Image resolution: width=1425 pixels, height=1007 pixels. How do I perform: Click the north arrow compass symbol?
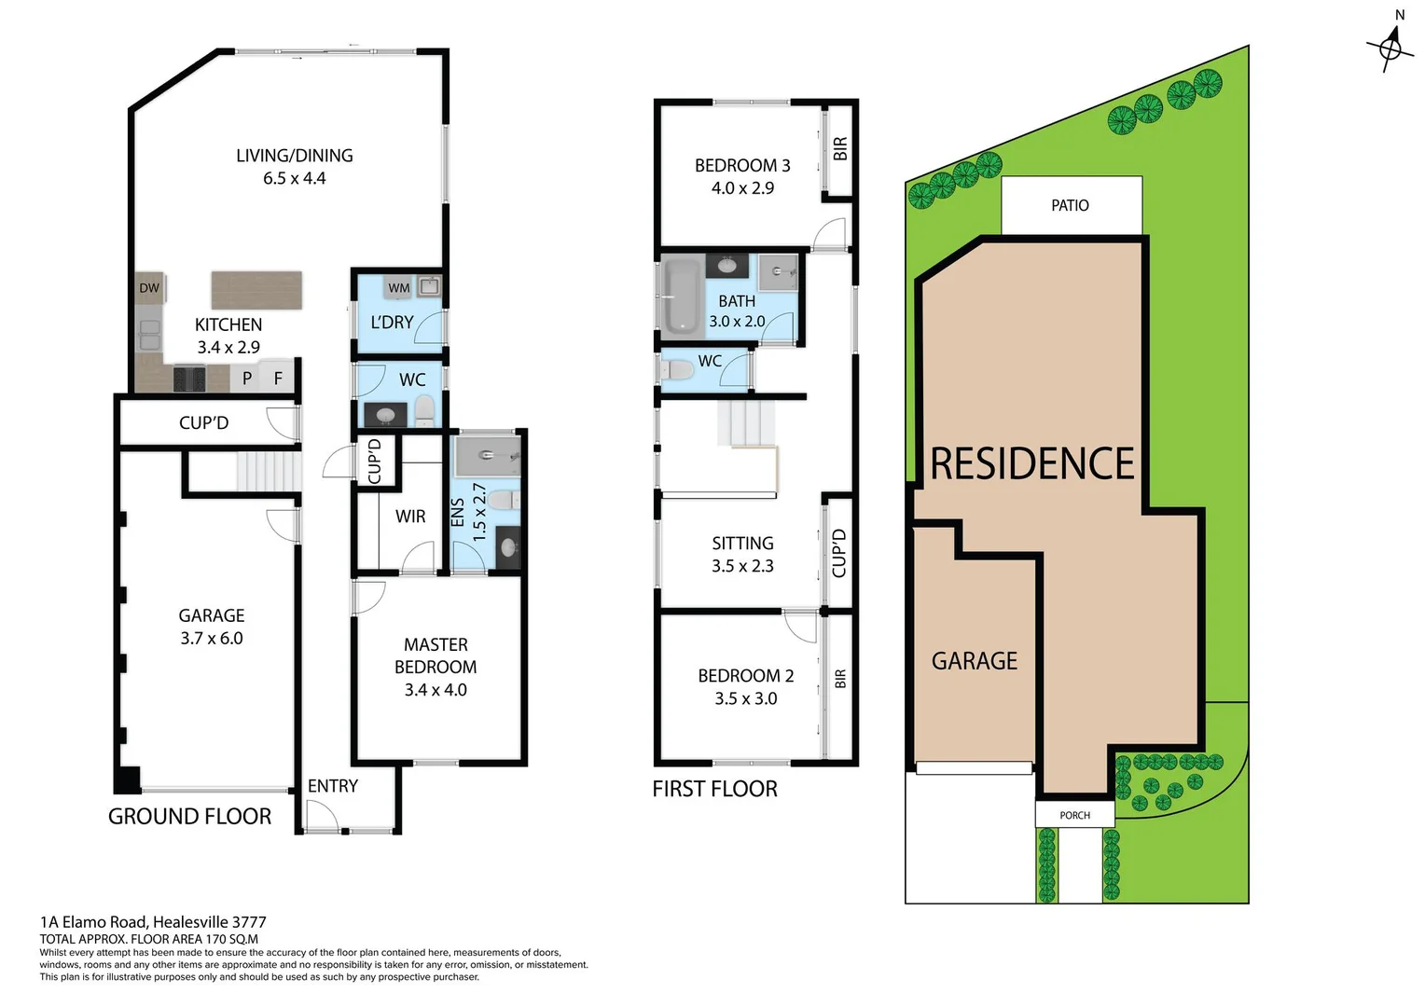pyautogui.click(x=1390, y=46)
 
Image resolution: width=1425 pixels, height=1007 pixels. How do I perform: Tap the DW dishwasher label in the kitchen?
pyautogui.click(x=149, y=288)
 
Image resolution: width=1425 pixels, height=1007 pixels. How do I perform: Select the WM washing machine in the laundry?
pyautogui.click(x=399, y=288)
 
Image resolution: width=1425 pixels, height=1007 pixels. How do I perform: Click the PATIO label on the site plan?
pyautogui.click(x=1070, y=205)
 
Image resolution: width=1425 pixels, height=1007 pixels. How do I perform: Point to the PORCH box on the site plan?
pyautogui.click(x=1074, y=815)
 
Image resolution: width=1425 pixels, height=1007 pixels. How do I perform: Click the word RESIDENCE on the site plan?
pyautogui.click(x=1031, y=464)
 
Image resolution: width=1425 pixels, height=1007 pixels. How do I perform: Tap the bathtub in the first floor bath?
pyautogui.click(x=683, y=297)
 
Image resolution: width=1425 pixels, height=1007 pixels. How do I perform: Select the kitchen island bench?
pyautogui.click(x=256, y=290)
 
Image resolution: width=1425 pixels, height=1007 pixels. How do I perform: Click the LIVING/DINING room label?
pyautogui.click(x=294, y=156)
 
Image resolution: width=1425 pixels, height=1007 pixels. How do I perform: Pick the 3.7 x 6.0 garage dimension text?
pyautogui.click(x=212, y=639)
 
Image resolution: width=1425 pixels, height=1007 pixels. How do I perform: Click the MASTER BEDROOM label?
pyautogui.click(x=436, y=655)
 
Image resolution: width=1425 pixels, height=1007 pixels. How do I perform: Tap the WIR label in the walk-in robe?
pyautogui.click(x=410, y=517)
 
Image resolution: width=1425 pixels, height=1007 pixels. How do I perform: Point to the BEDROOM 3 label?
pyautogui.click(x=742, y=166)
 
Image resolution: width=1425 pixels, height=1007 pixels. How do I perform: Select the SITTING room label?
pyautogui.click(x=742, y=544)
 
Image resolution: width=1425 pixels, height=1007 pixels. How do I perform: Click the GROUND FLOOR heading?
pyautogui.click(x=189, y=817)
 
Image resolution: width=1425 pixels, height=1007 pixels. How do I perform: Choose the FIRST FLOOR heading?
pyautogui.click(x=714, y=789)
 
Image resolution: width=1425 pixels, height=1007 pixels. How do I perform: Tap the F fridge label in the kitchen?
pyautogui.click(x=278, y=379)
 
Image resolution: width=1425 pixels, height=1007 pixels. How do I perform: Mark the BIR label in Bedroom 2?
pyautogui.click(x=840, y=679)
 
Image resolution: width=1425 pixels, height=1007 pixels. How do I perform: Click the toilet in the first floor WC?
pyautogui.click(x=678, y=370)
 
